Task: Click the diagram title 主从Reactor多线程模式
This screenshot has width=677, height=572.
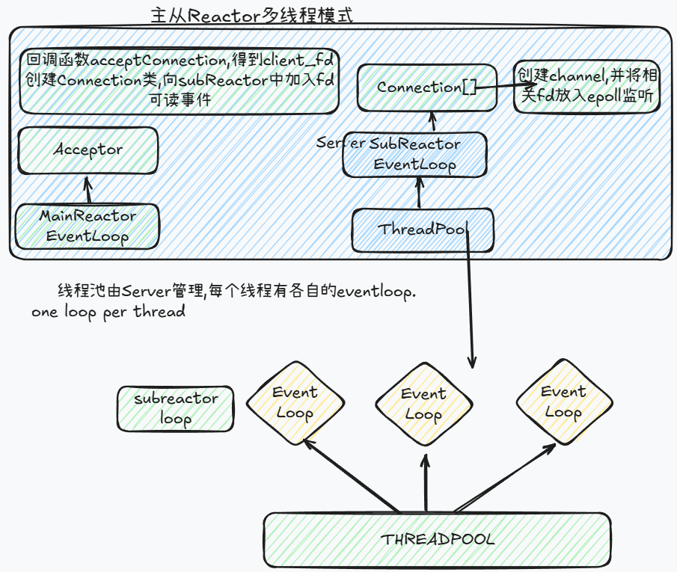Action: point(251,16)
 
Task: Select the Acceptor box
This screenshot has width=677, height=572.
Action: point(88,150)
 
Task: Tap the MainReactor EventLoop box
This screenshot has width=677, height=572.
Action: point(88,226)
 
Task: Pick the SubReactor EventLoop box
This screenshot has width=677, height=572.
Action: point(415,155)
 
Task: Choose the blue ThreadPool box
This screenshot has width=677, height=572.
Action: point(423,230)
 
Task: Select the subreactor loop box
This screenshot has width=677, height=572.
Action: point(176,408)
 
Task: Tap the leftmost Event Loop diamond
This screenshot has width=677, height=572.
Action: point(295,402)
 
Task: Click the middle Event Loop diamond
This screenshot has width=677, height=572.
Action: point(423,404)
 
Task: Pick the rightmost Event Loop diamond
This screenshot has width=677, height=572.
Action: point(563,402)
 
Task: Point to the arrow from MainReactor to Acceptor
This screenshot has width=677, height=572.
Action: point(88,190)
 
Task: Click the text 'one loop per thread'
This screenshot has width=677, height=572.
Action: point(108,312)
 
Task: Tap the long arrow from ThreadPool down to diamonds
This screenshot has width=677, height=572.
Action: point(470,299)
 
